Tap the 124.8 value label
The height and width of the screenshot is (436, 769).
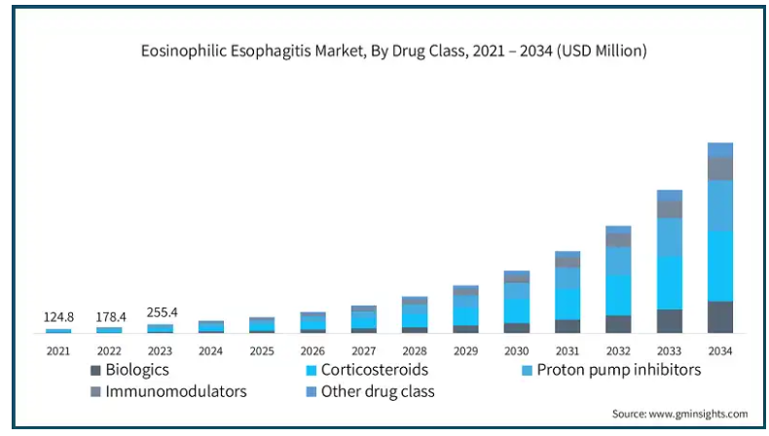(57, 317)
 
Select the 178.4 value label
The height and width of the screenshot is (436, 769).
(109, 317)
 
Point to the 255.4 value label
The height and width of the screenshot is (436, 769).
(160, 312)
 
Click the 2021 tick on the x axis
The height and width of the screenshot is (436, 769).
(57, 349)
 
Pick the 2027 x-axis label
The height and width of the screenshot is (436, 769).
(363, 349)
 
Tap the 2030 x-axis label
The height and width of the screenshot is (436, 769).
(516, 349)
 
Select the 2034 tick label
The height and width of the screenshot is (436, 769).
(720, 349)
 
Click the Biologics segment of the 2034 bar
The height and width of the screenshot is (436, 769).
(720, 317)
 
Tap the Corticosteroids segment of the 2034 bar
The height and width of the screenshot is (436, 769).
(720, 266)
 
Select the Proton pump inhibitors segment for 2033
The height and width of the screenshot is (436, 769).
(670, 236)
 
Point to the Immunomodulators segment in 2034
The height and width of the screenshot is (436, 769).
(720, 168)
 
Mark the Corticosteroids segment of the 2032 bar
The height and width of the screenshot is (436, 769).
(618, 294)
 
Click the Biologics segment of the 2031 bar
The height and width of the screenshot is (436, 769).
(568, 326)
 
